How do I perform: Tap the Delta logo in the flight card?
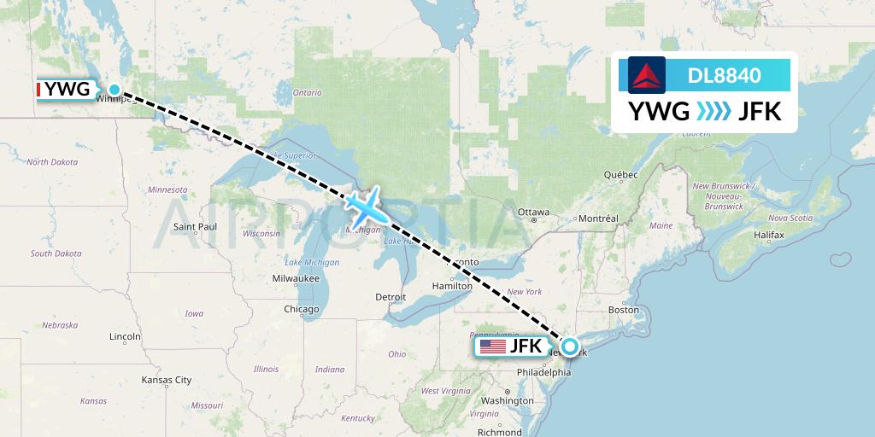[646, 76]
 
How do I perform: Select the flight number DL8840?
[724, 76]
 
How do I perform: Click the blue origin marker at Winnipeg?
[115, 90]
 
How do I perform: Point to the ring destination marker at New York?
[568, 347]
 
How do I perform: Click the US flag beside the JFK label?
[493, 347]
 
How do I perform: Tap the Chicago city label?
[302, 309]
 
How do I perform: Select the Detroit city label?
[391, 297]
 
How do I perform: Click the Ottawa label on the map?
[533, 212]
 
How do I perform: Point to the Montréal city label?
[597, 218]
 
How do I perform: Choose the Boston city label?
[624, 309]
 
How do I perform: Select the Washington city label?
[508, 400]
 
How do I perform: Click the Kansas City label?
[167, 380]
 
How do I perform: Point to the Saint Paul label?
[196, 226]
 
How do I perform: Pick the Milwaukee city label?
[296, 278]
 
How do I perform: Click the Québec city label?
[621, 174]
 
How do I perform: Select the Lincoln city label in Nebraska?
[125, 337]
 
